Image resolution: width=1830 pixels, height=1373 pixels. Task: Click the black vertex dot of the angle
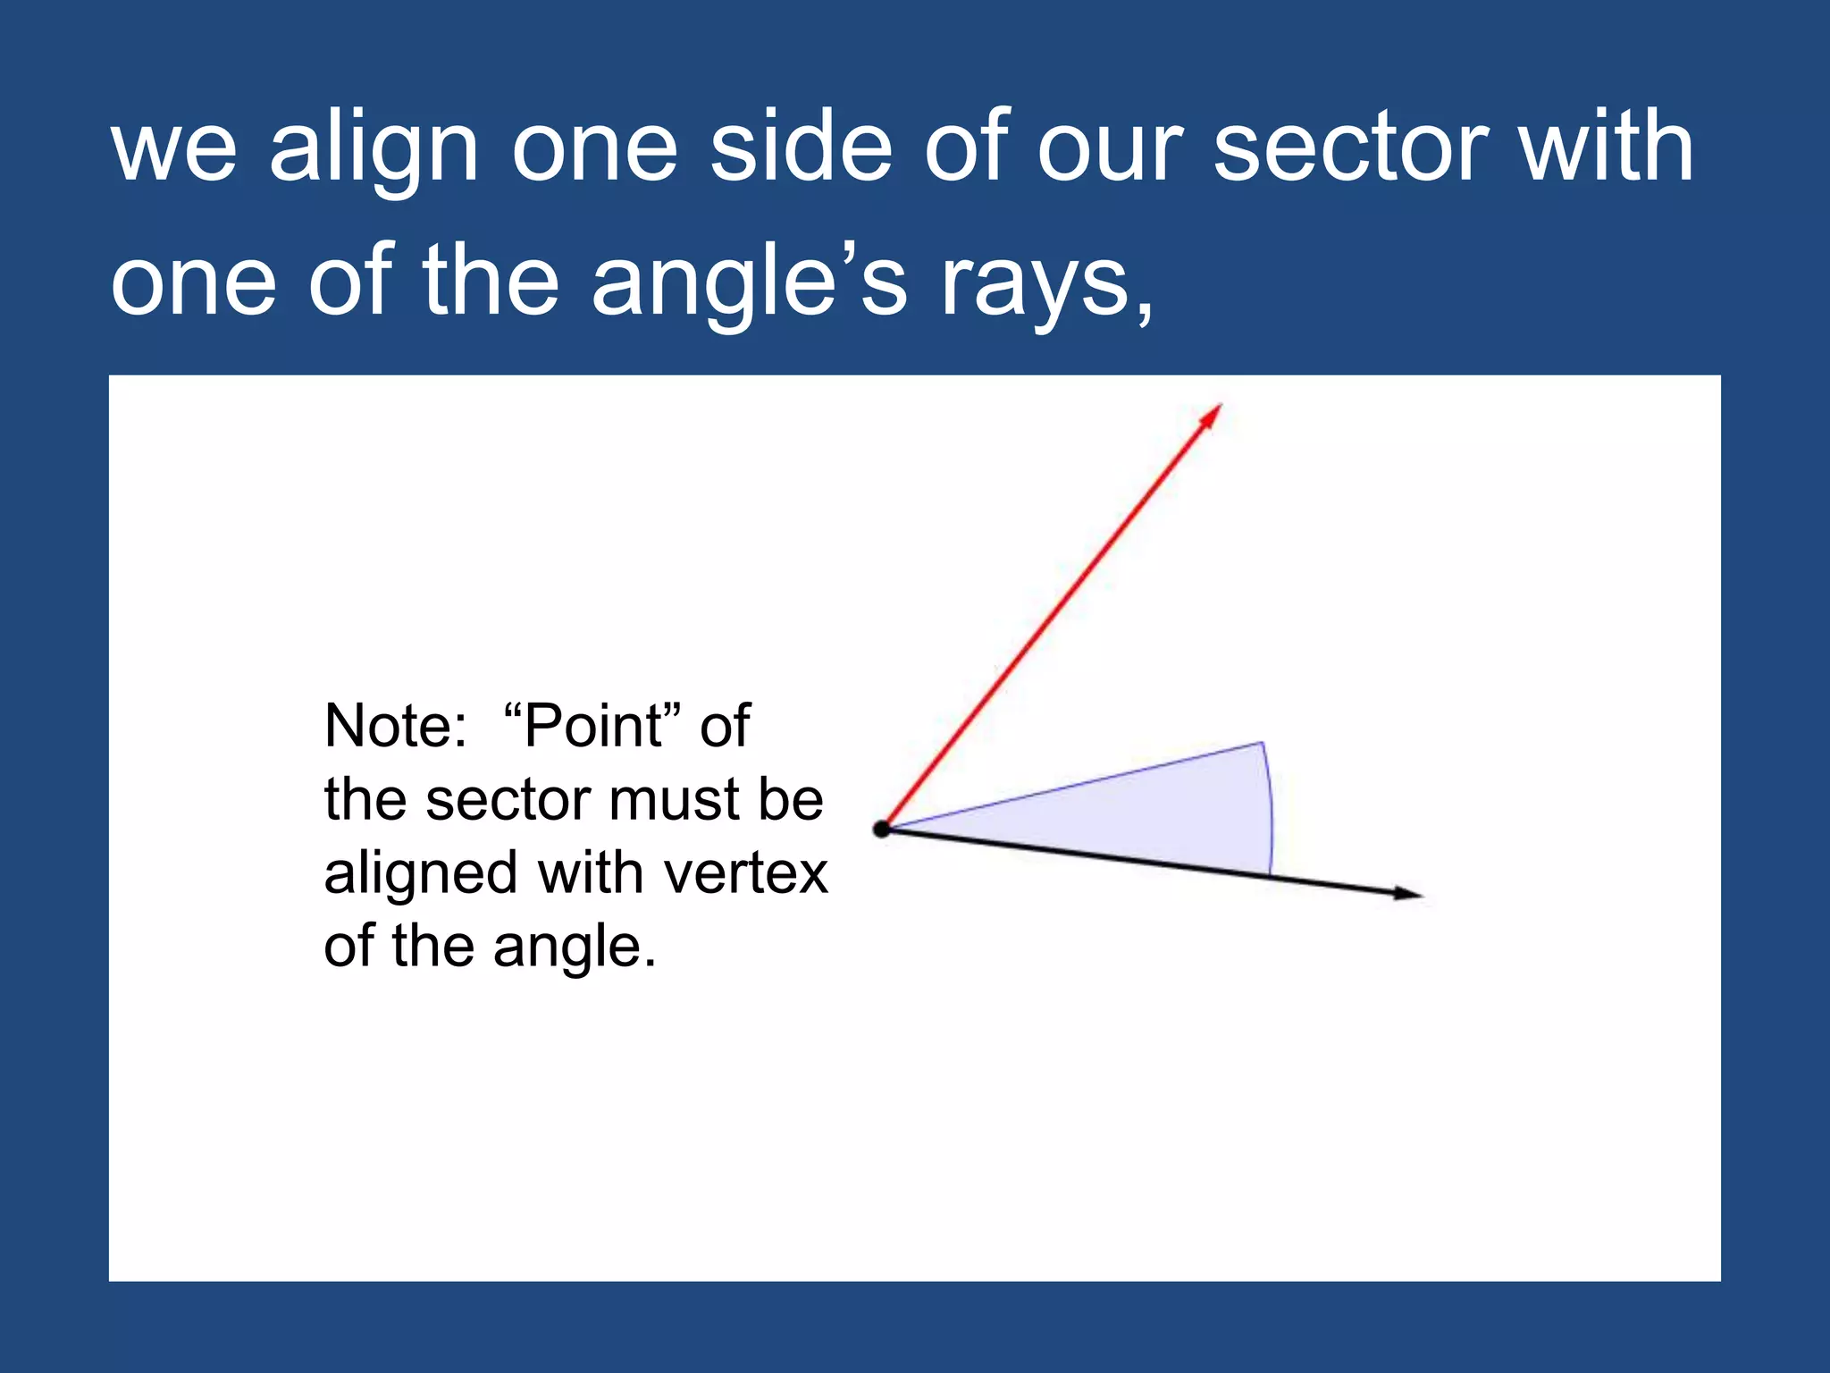click(x=882, y=830)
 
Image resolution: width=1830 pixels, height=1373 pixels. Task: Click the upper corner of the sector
click(x=1261, y=743)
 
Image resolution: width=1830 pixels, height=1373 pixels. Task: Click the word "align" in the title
click(x=374, y=147)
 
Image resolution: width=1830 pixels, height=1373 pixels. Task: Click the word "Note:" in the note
click(x=396, y=726)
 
